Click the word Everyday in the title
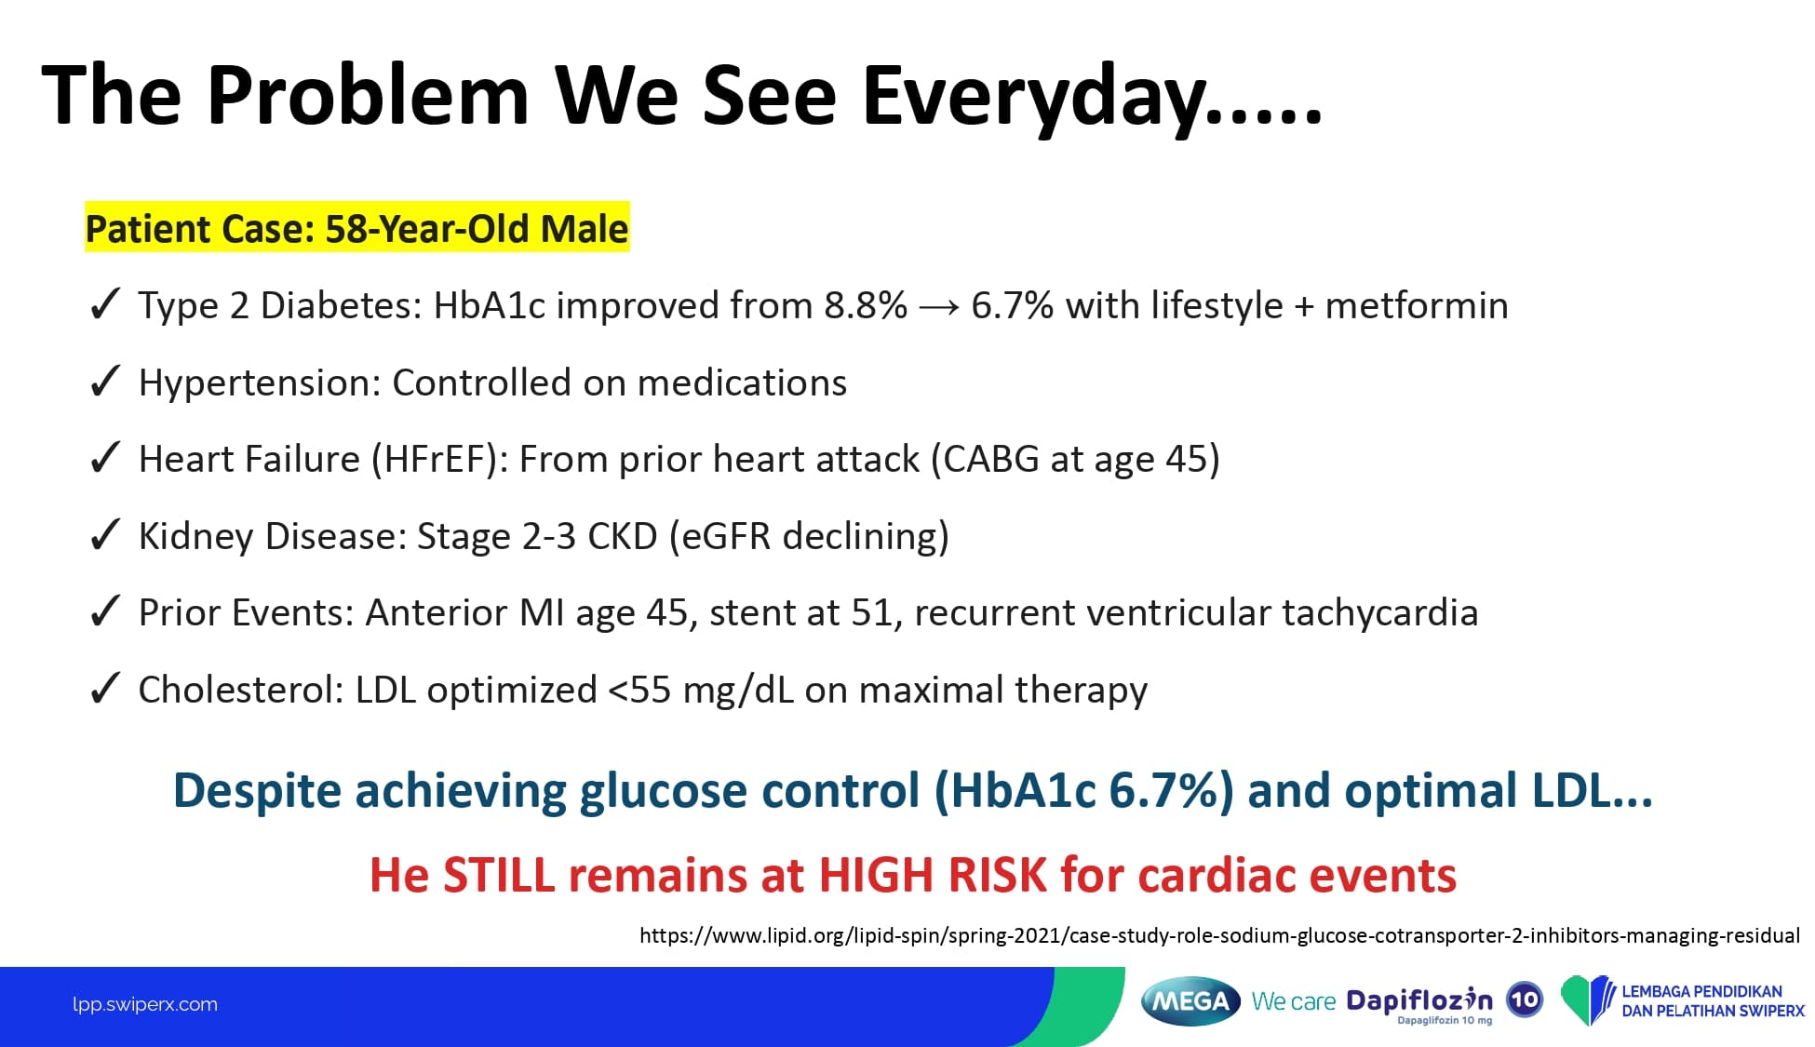1092,97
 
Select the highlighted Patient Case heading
357,228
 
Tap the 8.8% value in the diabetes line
866,305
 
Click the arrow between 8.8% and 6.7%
939,307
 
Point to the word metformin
1417,305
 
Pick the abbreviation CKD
623,536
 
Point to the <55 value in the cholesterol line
639,690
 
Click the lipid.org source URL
1219,935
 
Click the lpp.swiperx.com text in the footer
145,1004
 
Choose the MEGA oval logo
1191,1001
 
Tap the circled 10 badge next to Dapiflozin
1525,1000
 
